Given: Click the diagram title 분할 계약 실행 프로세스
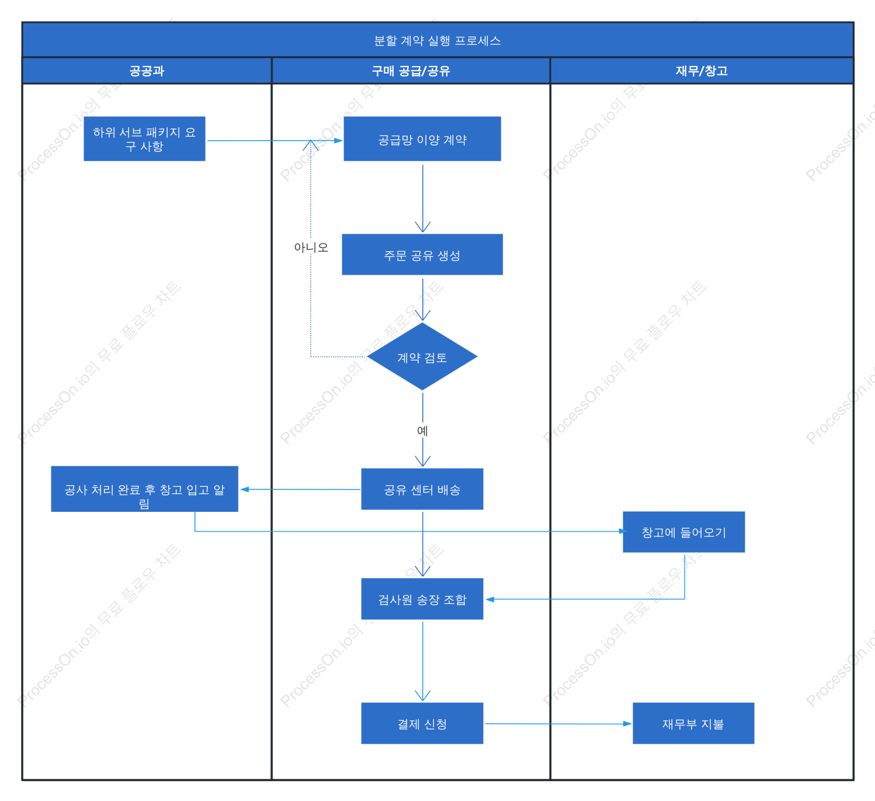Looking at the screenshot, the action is coord(437,40).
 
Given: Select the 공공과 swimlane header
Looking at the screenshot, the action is coord(147,71).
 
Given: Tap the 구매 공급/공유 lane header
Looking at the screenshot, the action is coord(411,71).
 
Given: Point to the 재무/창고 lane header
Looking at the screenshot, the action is coord(702,71).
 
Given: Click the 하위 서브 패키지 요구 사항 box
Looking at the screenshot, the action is coord(144,138).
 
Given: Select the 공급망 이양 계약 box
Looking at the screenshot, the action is coord(422,138).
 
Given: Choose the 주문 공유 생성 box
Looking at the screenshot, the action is coord(422,254).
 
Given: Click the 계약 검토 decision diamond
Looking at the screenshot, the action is coord(422,356).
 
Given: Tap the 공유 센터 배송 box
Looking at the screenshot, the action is coord(422,489).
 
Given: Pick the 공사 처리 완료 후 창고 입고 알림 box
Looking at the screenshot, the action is coord(144,489).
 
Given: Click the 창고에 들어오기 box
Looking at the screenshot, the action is coord(683,532).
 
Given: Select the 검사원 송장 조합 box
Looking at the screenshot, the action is coord(422,599).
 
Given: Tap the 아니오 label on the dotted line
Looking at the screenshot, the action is coord(311,247).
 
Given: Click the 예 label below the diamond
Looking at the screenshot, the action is coord(422,431).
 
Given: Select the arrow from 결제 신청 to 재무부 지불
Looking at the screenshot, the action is coord(558,724).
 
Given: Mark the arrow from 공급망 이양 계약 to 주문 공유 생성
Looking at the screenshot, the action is coord(422,199).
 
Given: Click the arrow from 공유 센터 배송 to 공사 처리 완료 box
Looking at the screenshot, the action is coord(300,490).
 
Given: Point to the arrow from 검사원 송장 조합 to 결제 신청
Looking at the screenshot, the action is coord(422,661).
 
